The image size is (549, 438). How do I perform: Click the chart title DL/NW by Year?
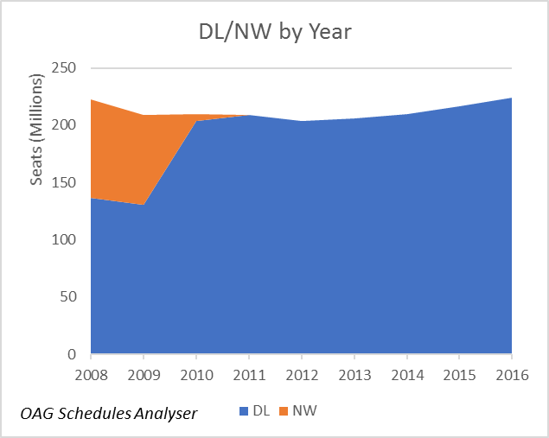coord(274,31)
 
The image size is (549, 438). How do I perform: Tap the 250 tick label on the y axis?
coord(65,68)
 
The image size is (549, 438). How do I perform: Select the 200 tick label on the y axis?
coord(65,125)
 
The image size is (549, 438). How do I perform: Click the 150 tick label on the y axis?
coord(65,182)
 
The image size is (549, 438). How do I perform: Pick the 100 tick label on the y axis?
coord(65,239)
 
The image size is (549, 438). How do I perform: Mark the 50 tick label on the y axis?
coord(69,297)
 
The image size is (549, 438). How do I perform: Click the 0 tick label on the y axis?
coord(73,354)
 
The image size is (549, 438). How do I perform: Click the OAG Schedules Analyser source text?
coord(109,414)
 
